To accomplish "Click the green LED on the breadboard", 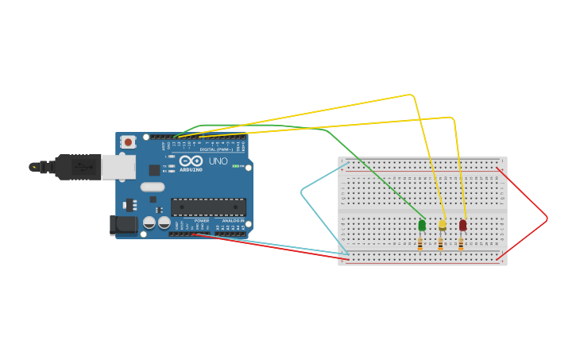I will point(422,226).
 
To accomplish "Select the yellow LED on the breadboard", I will point(443,226).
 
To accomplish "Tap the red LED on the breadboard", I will point(463,226).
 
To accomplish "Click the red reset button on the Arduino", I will point(129,142).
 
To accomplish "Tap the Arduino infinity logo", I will point(191,161).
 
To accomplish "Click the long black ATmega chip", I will point(208,207).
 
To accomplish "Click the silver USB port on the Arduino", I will point(118,166).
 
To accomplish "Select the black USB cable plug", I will point(78,167).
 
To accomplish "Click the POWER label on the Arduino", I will point(202,221).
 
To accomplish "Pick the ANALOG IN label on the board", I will point(234,221).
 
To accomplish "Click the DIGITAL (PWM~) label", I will point(215,149).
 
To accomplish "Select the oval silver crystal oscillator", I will point(153,188).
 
